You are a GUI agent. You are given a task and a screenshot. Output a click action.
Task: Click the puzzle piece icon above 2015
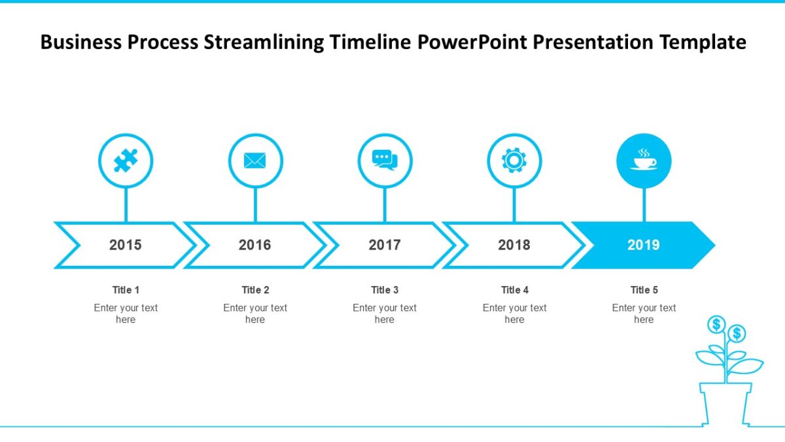click(x=126, y=160)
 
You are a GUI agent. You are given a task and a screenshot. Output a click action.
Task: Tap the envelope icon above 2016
click(x=255, y=160)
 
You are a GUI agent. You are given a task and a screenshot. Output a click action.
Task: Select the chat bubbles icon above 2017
click(x=385, y=160)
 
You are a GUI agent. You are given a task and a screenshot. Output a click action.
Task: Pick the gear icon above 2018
click(x=514, y=160)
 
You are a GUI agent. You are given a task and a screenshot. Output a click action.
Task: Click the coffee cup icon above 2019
click(x=644, y=160)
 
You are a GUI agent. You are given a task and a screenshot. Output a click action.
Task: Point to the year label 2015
click(x=125, y=245)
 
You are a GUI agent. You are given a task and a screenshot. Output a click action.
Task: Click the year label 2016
click(x=254, y=245)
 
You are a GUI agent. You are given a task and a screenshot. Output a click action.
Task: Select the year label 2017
click(x=385, y=245)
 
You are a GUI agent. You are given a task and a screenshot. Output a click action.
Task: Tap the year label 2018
click(x=514, y=245)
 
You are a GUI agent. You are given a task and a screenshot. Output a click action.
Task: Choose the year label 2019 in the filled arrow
click(x=644, y=245)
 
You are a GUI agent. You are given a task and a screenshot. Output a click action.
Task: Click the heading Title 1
click(x=126, y=290)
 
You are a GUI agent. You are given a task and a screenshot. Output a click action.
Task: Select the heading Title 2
click(x=255, y=290)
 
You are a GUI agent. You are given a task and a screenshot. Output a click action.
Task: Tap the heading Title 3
click(x=385, y=290)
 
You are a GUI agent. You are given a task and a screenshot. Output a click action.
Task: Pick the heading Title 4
click(x=514, y=290)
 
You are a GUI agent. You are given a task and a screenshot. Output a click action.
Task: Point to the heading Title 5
click(x=644, y=290)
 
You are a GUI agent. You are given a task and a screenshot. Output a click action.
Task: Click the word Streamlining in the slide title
click(x=264, y=43)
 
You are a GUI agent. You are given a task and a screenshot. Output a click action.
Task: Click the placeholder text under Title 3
click(x=385, y=314)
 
